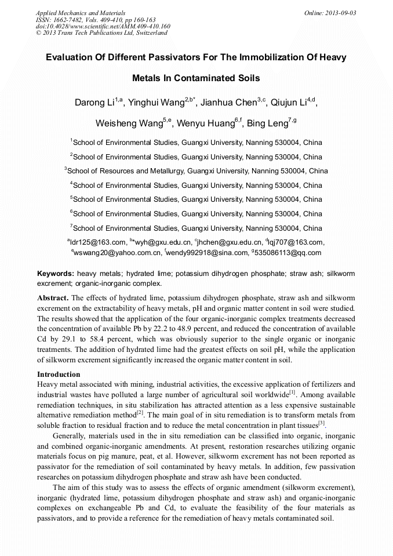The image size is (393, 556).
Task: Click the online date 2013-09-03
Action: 340,13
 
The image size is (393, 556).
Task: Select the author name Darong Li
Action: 94,103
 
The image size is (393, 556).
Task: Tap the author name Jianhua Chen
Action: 228,103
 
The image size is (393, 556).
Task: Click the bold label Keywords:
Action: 56,273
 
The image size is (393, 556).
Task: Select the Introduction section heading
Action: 59,375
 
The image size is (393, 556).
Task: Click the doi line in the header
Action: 103,26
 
